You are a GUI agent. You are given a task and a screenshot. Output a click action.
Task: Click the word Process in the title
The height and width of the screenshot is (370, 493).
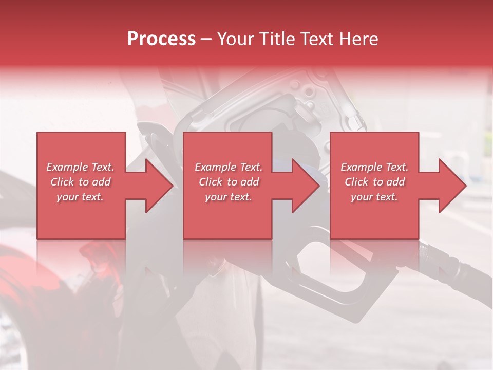[x=161, y=39]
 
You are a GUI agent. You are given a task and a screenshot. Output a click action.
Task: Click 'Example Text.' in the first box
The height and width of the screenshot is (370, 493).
[x=80, y=167]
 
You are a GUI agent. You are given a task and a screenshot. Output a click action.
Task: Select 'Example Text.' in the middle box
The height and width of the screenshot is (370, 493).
[x=229, y=167]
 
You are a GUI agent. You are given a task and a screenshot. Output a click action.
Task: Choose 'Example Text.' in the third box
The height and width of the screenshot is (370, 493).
[x=374, y=167]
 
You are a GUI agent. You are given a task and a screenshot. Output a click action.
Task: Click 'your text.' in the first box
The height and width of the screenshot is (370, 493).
[x=80, y=197]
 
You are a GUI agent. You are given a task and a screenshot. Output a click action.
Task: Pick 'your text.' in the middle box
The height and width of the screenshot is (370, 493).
[x=229, y=197]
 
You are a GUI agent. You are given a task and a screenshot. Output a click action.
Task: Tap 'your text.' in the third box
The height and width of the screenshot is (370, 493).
[x=374, y=197]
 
